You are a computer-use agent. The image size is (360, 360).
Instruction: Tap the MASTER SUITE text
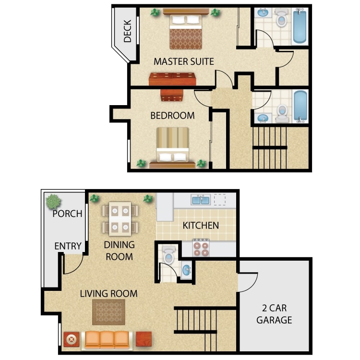[184, 61]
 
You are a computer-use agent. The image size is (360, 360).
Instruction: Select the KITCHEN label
[201, 225]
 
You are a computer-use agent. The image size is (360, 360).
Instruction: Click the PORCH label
[67, 214]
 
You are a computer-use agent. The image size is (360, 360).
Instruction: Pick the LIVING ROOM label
[109, 293]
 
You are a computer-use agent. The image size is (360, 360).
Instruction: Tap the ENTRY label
[68, 246]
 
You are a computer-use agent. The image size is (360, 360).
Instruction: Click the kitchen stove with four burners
[201, 247]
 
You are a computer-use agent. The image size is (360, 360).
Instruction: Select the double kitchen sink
[200, 200]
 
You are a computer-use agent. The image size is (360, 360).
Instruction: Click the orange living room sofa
[107, 339]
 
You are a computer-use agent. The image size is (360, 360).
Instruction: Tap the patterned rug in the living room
[108, 312]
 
